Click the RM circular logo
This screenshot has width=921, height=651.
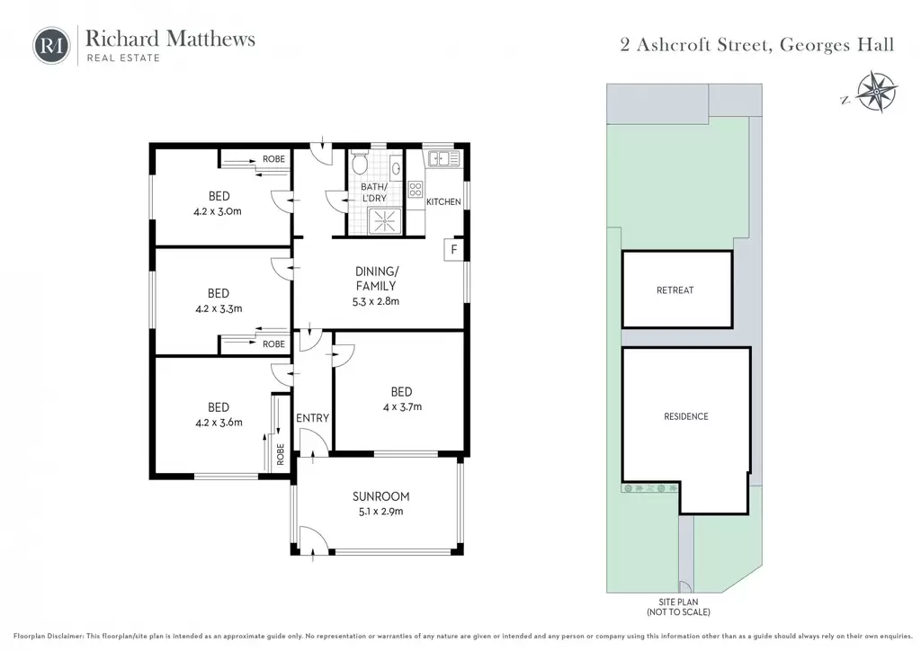[x=51, y=45]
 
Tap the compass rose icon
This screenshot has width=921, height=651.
[x=876, y=92]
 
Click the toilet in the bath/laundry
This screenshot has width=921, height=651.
[x=360, y=163]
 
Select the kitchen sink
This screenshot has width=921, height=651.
[x=444, y=158]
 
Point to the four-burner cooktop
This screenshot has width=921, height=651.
[x=416, y=190]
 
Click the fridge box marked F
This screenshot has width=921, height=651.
[x=453, y=249]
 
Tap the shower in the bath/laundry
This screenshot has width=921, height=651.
[x=385, y=221]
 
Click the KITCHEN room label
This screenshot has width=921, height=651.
[x=443, y=202]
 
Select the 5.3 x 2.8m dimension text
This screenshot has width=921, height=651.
[x=375, y=302]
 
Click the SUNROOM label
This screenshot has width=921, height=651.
[x=380, y=496]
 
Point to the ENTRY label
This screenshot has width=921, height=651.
[x=312, y=418]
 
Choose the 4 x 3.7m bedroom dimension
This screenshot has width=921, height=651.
[x=402, y=406]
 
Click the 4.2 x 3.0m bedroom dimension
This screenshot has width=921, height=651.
[x=218, y=211]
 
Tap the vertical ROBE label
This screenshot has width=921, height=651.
[x=281, y=454]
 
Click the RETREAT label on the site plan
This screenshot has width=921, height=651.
[x=675, y=290]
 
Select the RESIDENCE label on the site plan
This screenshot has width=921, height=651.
[x=686, y=416]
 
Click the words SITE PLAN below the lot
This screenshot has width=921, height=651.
[x=678, y=602]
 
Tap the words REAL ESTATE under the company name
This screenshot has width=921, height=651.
[x=123, y=58]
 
